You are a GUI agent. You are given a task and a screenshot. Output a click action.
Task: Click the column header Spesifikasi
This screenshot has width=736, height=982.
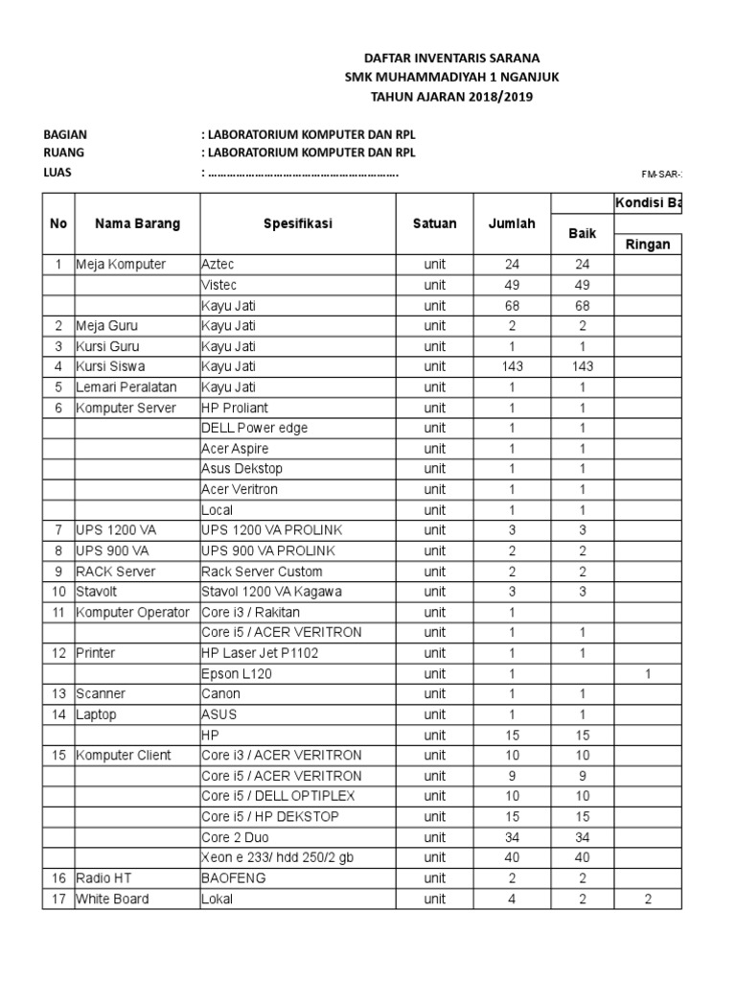pos(298,223)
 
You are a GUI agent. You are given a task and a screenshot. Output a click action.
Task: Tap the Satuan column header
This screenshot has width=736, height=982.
pos(434,223)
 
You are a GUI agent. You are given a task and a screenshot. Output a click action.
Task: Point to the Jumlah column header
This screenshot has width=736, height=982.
pos(512,223)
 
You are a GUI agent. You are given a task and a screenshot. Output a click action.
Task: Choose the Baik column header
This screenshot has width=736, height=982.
pos(582,233)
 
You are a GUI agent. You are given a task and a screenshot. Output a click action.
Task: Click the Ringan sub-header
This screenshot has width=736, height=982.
pos(648,245)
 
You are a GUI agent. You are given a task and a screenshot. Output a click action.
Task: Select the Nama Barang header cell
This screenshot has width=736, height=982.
pos(137,223)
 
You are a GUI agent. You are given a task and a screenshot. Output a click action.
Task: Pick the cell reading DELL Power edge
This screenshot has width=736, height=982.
pos(254,428)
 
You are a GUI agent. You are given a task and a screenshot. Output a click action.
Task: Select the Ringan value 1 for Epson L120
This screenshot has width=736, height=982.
pos(648,673)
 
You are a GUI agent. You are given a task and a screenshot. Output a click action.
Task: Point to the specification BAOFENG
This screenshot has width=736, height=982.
pos(234,877)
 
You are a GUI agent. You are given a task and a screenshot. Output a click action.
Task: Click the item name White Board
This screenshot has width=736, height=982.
pos(112,899)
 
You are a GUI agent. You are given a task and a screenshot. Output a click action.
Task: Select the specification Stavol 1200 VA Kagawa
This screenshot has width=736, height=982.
pos(271,592)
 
